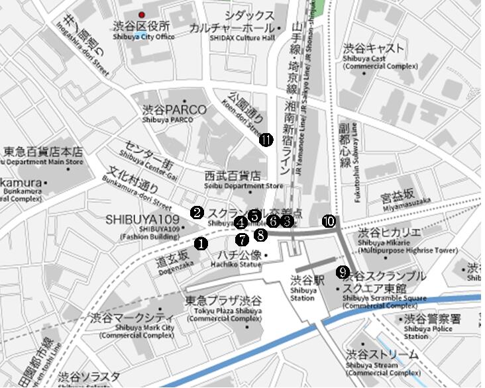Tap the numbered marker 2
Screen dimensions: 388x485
[x=197, y=213]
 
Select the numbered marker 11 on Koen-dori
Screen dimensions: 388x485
[x=266, y=140]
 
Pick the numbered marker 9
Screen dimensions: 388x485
[x=342, y=271]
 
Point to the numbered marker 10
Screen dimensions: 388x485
[x=329, y=221]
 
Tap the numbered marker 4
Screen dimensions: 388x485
[x=241, y=222]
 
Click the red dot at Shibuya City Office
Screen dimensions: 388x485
[x=140, y=15]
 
